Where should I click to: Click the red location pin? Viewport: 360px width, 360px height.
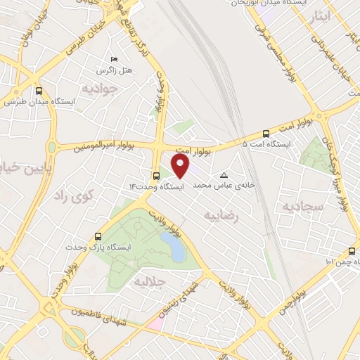click(181, 167)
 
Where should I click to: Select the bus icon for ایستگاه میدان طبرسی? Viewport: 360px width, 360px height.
click(39, 91)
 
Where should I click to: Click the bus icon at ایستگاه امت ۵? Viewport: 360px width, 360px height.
click(266, 133)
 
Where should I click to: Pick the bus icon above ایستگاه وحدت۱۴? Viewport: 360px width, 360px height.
click(156, 176)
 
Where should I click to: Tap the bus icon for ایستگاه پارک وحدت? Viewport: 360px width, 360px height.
click(98, 237)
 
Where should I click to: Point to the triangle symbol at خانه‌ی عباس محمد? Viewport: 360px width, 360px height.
click(224, 175)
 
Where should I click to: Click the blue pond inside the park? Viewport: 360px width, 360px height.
click(174, 247)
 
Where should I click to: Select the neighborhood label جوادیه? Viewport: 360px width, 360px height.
click(98, 89)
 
